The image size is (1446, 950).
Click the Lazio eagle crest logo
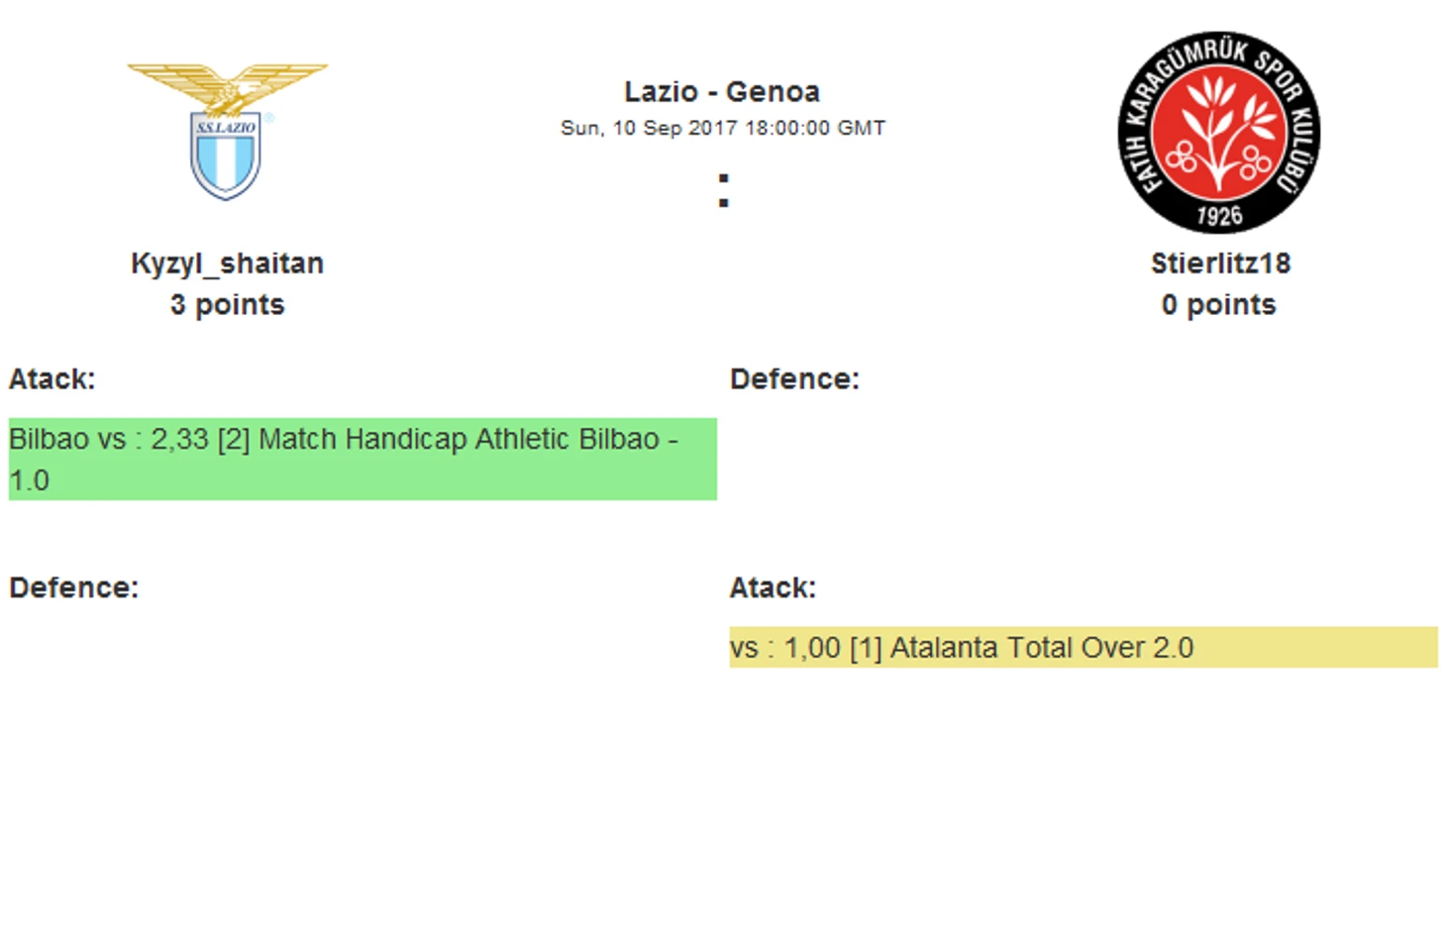tap(227, 132)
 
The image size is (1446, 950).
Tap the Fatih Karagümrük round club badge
tap(1219, 133)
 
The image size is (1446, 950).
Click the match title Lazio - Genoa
tap(722, 92)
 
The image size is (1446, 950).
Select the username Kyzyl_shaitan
tap(227, 264)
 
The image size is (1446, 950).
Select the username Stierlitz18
tap(1221, 264)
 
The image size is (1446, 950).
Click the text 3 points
tap(227, 305)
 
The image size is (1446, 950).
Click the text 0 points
tap(1219, 305)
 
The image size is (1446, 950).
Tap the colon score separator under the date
tap(724, 190)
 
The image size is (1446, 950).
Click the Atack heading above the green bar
tap(52, 379)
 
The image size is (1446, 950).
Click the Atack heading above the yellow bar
tap(773, 587)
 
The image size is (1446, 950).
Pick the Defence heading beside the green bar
tap(794, 379)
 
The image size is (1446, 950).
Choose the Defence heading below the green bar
tap(74, 587)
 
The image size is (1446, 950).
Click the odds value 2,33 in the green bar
tap(180, 440)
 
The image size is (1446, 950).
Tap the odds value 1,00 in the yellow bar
tap(813, 648)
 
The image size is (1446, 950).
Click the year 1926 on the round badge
tap(1219, 216)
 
